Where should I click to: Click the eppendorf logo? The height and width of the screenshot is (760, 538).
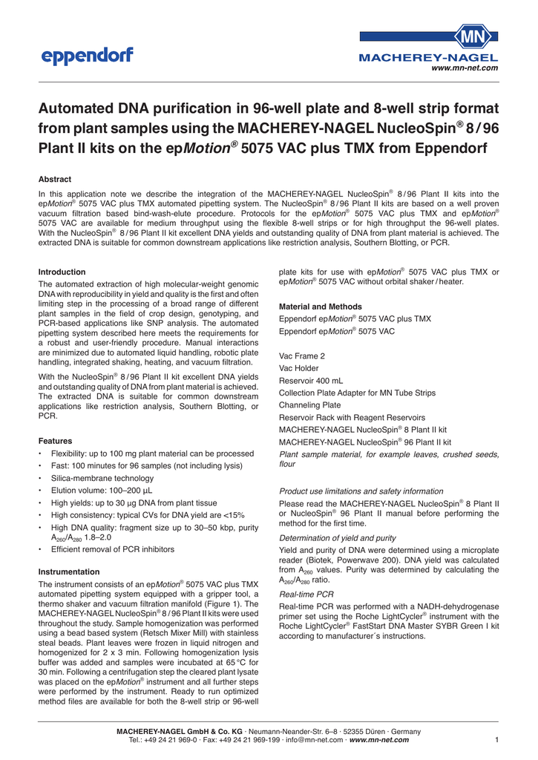tap(88, 55)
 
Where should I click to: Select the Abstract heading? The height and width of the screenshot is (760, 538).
tap(55, 180)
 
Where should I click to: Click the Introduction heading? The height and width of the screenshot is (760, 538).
tap(62, 272)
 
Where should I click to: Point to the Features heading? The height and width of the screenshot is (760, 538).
tap(56, 440)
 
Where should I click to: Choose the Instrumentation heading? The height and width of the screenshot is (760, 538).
tap(68, 571)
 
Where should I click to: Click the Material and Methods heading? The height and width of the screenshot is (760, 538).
tap(320, 307)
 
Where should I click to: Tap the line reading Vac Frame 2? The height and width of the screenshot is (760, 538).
tap(301, 356)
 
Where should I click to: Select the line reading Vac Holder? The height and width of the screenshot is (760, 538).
tap(298, 368)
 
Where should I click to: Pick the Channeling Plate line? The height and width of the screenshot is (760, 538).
tap(309, 405)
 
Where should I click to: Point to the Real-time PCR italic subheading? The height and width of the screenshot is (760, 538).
tap(305, 595)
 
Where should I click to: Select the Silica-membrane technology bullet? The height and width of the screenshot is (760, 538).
tap(102, 479)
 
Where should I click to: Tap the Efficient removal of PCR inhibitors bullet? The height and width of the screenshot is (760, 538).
tap(112, 550)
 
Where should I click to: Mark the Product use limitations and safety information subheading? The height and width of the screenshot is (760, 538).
tap(361, 491)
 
